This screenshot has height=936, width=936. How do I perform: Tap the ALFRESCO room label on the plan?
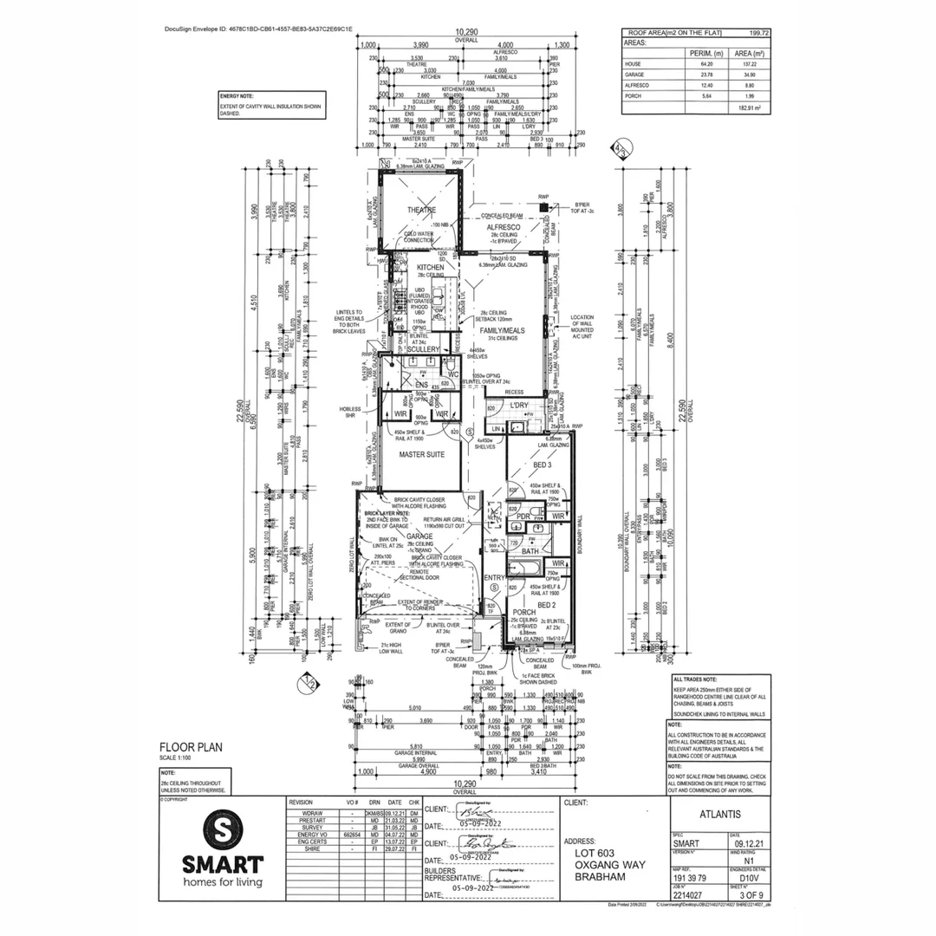click(x=503, y=225)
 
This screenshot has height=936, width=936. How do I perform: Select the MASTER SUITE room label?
click(x=421, y=453)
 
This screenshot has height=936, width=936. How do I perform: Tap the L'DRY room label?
click(x=519, y=406)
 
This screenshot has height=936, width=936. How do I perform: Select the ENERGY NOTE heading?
click(x=237, y=96)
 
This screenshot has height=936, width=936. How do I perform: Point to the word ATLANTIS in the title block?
click(x=719, y=815)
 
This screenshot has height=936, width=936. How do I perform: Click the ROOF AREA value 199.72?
click(x=759, y=32)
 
